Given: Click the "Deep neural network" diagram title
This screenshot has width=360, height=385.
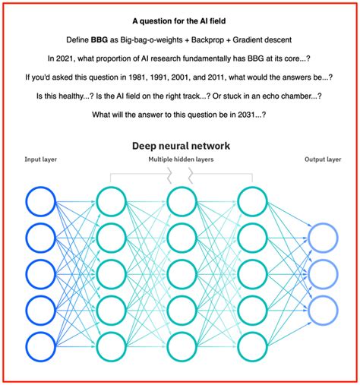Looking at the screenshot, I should pos(180,145).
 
